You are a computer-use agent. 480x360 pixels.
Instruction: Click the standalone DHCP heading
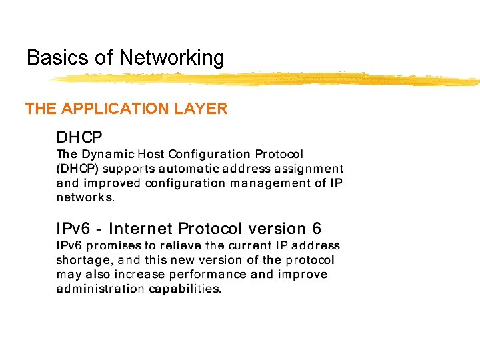click(79, 138)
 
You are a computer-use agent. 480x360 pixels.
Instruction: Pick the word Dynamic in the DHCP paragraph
click(106, 155)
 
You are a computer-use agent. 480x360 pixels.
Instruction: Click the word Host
click(150, 155)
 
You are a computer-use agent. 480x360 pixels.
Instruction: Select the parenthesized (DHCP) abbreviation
click(77, 169)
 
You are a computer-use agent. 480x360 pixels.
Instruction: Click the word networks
click(85, 197)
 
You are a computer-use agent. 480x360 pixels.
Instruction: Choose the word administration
click(99, 289)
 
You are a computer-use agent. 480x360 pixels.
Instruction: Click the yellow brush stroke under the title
click(267, 79)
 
